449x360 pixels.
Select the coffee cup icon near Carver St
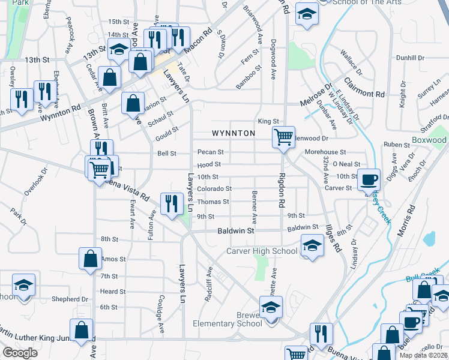coord(369,179)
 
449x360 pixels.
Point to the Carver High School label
coord(262,251)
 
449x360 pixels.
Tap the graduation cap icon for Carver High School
coord(311,246)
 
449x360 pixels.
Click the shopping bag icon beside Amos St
coord(90,259)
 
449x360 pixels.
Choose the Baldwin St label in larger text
coord(232,230)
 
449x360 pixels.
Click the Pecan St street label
coord(210,152)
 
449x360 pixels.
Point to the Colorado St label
coord(215,188)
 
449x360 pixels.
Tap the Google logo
coord(20,353)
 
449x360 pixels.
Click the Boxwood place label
coord(429,140)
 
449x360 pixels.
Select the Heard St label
coord(113,292)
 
